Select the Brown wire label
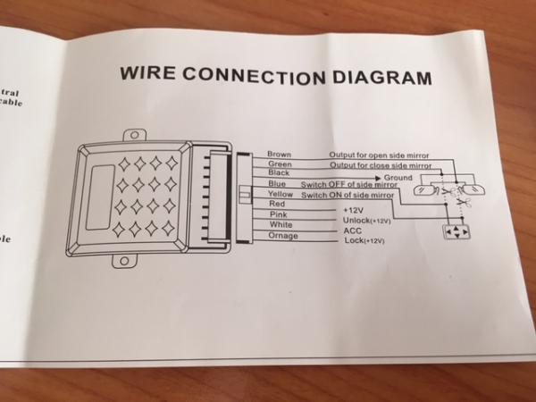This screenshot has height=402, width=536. coord(279,155)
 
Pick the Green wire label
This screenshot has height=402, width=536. coord(279,164)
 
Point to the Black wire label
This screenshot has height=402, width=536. coord(278,173)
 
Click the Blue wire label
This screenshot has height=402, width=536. coord(277,184)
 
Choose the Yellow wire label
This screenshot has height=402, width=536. coord(280,194)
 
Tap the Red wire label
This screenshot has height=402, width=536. coord(275,205)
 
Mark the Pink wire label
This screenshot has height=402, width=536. coord(276,215)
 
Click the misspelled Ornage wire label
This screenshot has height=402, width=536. coord(281,236)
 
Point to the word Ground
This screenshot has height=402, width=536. coord(398,179)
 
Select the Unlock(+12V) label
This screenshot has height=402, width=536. coord(365,220)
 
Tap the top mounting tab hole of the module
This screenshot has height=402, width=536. coord(134,136)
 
